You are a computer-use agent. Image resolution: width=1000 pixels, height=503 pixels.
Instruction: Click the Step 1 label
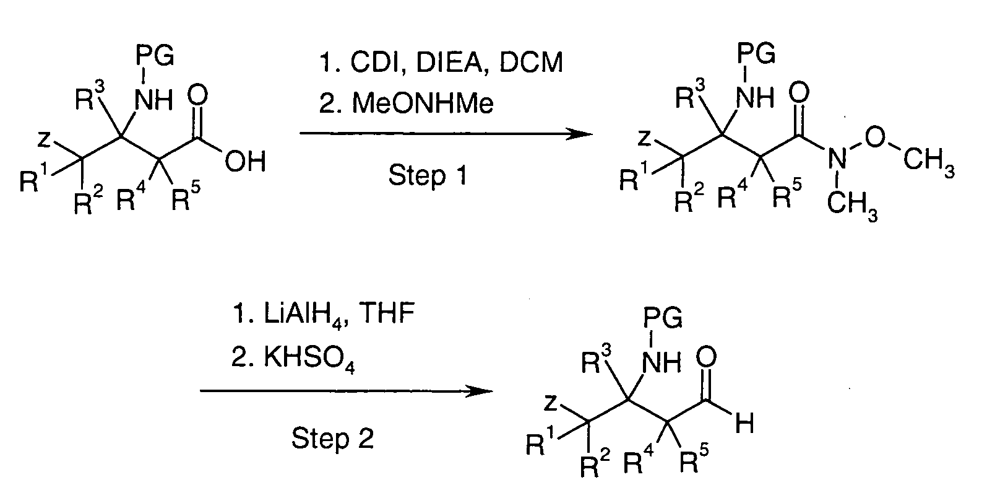point(426,176)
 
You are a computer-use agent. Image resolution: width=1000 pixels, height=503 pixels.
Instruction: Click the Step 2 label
point(332,439)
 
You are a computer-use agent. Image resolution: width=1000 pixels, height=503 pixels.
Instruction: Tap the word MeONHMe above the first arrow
point(423,103)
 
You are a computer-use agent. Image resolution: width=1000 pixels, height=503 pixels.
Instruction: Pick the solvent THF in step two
point(387,315)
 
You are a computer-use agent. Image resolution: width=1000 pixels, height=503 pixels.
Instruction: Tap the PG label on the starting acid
point(155,59)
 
